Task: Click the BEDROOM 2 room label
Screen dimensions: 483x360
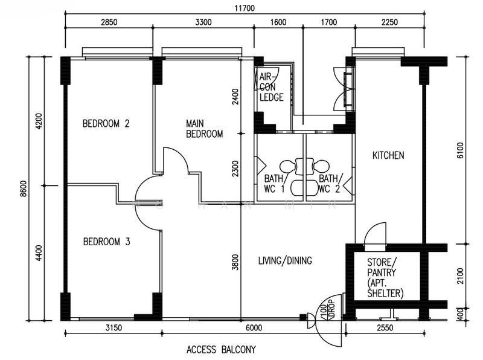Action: pyautogui.click(x=106, y=124)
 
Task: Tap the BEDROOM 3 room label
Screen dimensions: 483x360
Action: pyautogui.click(x=107, y=242)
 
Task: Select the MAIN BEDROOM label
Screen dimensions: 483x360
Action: pyautogui.click(x=204, y=129)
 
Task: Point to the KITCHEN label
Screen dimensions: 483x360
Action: pyautogui.click(x=388, y=155)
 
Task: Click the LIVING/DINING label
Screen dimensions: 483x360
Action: pyautogui.click(x=285, y=260)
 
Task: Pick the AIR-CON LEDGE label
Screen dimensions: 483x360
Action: pyautogui.click(x=271, y=87)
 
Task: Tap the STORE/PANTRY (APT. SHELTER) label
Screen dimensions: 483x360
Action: pyautogui.click(x=385, y=278)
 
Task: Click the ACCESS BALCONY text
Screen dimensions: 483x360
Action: pyautogui.click(x=221, y=350)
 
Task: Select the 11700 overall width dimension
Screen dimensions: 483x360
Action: pyautogui.click(x=245, y=8)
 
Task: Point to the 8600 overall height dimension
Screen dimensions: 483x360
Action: pyautogui.click(x=24, y=188)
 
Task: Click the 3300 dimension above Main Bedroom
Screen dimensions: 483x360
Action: pyautogui.click(x=203, y=22)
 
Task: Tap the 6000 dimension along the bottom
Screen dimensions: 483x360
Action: pyautogui.click(x=254, y=327)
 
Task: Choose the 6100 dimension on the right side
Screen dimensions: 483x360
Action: pyautogui.click(x=460, y=150)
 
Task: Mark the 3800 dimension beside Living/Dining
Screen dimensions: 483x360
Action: pyautogui.click(x=235, y=262)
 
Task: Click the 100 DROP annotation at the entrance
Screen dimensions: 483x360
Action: pyautogui.click(x=327, y=309)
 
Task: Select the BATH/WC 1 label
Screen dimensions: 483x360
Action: pyautogui.click(x=274, y=184)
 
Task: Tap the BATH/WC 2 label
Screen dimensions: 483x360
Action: pyautogui.click(x=330, y=184)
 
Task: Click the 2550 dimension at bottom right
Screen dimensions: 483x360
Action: pyautogui.click(x=385, y=327)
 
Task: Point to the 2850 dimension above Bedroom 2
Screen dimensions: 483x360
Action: pyautogui.click(x=109, y=22)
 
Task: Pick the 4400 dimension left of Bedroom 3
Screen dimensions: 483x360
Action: pyautogui.click(x=39, y=252)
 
